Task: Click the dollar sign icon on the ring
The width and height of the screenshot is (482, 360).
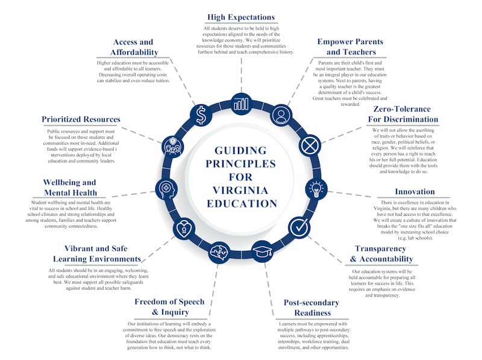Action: [201, 114]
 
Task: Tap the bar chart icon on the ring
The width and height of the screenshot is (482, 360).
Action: [241, 103]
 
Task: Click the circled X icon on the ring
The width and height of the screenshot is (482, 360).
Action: [309, 145]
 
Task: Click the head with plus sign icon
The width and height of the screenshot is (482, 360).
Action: [166, 189]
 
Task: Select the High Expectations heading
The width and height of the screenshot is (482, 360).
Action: [241, 17]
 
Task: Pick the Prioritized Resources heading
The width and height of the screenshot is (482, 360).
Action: [81, 119]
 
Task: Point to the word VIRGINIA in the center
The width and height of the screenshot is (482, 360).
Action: [241, 190]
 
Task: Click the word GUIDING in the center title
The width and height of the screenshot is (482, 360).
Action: [241, 151]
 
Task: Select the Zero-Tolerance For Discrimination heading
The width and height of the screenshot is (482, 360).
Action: [405, 114]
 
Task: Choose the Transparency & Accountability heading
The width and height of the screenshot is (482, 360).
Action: [384, 254]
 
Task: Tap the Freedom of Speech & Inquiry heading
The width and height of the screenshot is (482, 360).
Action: [169, 306]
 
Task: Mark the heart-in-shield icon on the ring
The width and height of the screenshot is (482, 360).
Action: [183, 229]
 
